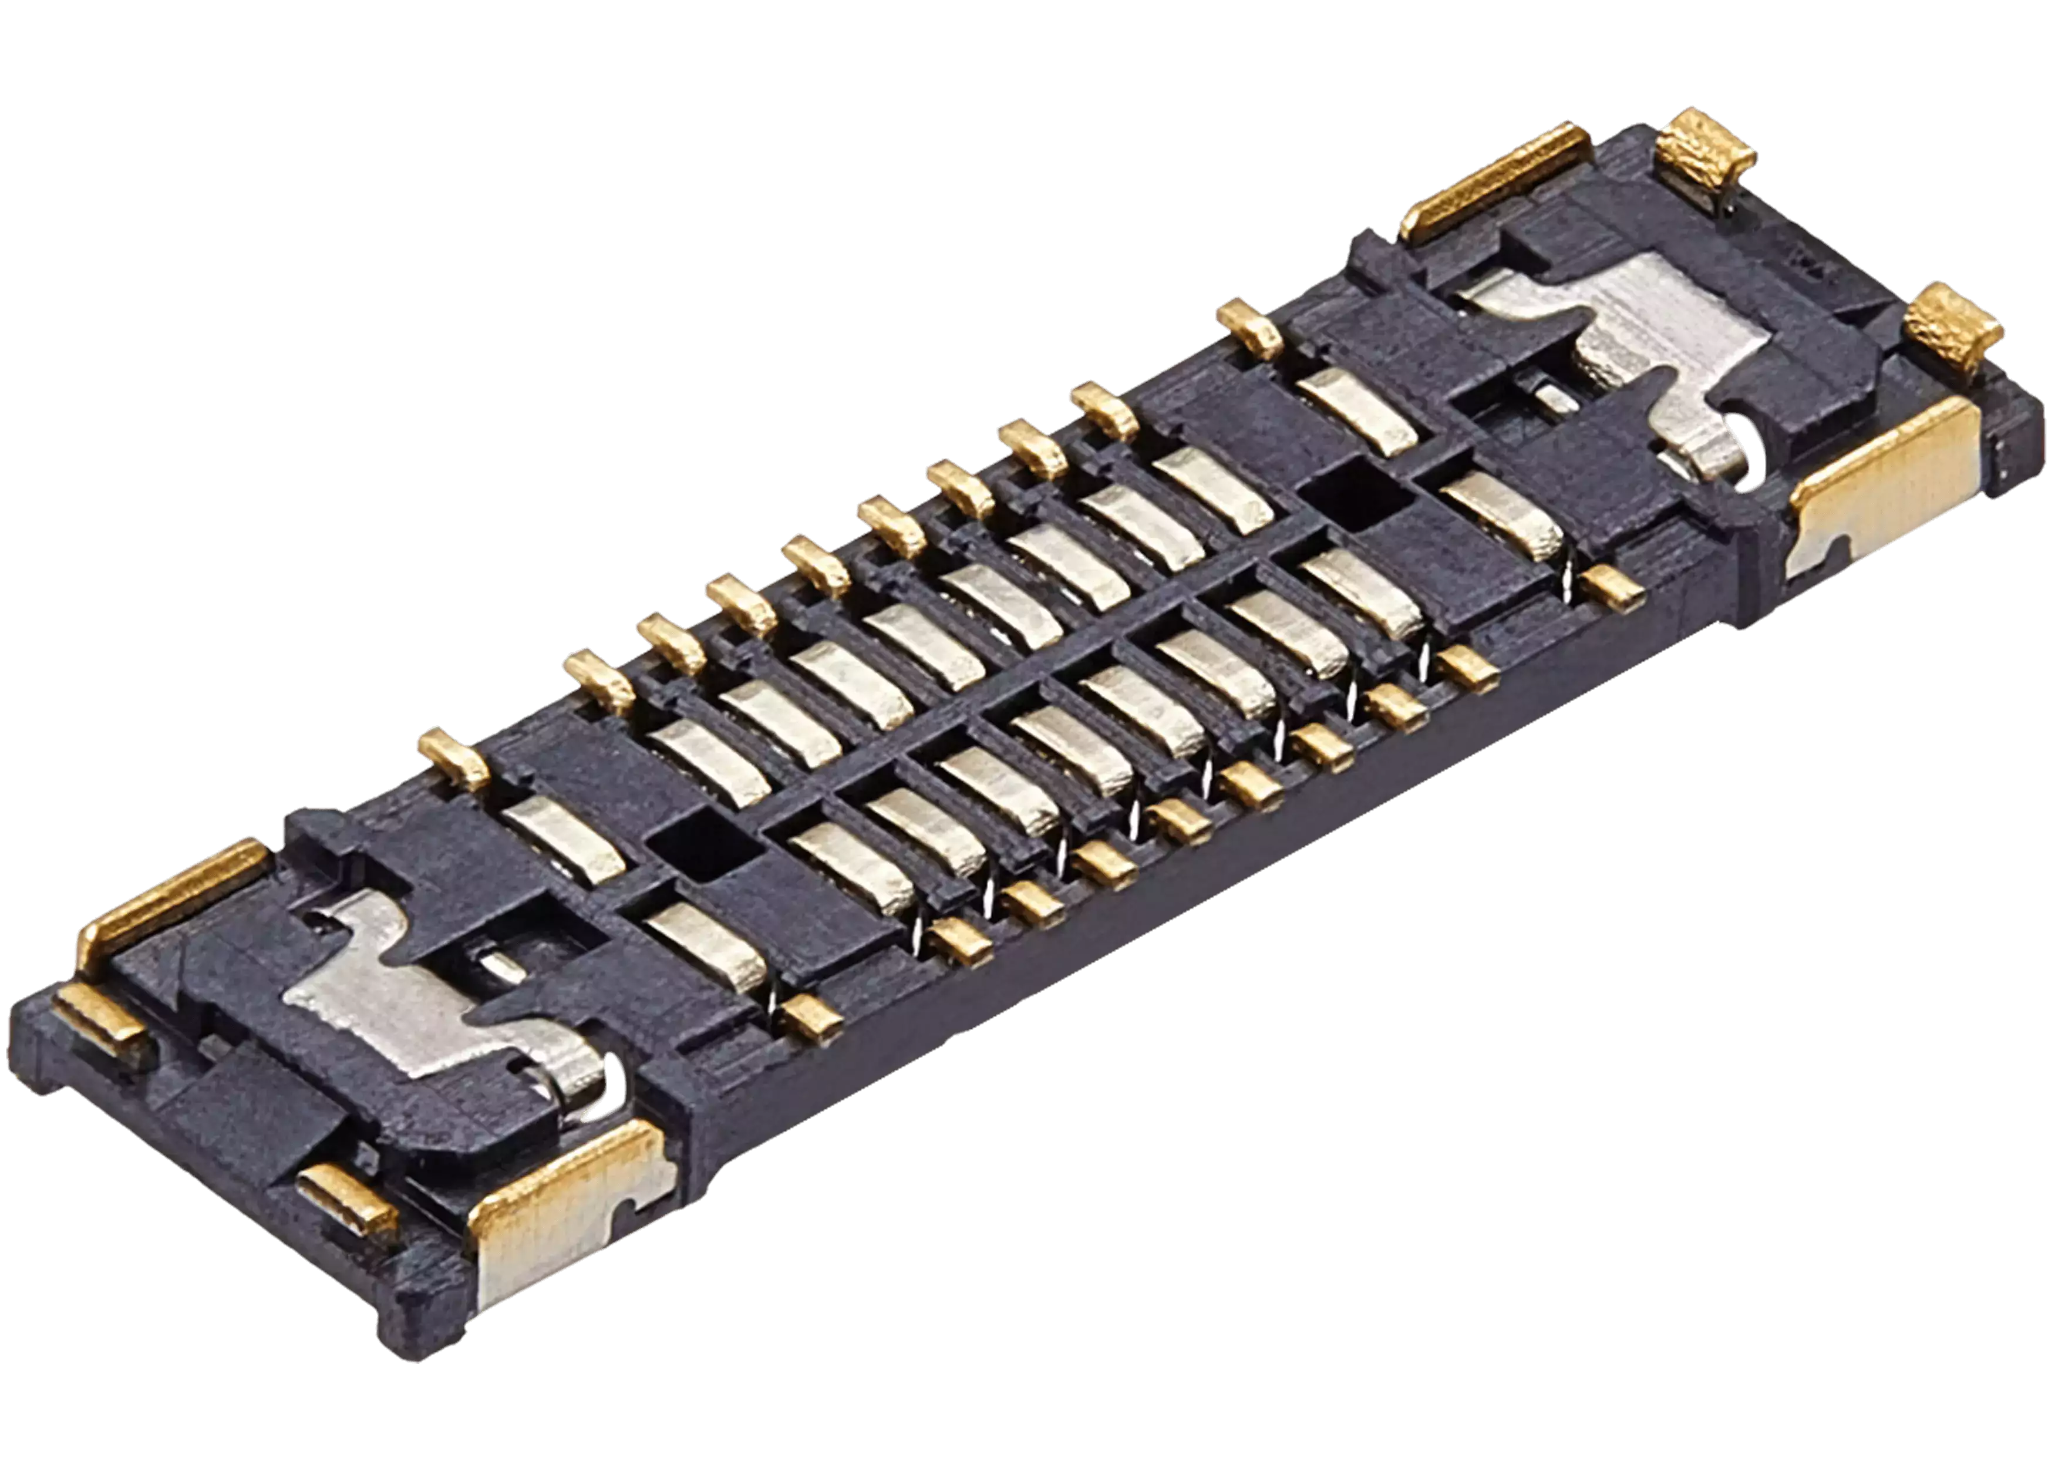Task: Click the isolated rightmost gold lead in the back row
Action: click(1250, 330)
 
